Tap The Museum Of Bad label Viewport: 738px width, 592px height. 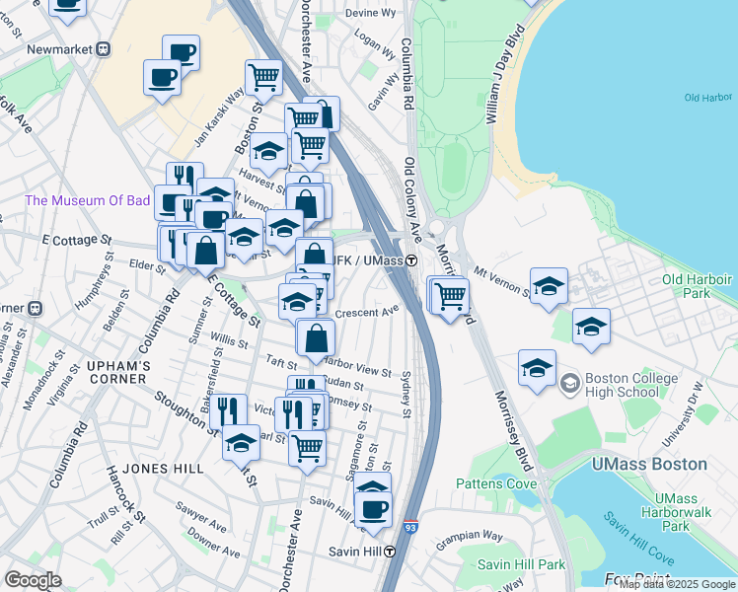click(88, 200)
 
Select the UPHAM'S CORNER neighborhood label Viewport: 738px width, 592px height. click(118, 372)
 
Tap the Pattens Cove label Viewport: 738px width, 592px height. click(495, 483)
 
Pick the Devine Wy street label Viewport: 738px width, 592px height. click(370, 13)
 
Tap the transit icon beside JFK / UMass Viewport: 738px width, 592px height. click(409, 260)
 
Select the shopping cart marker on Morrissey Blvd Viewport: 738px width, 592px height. click(450, 293)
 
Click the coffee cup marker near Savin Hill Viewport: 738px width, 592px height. click(373, 509)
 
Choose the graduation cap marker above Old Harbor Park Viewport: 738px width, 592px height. click(549, 285)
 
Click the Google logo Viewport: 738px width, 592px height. click(33, 580)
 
